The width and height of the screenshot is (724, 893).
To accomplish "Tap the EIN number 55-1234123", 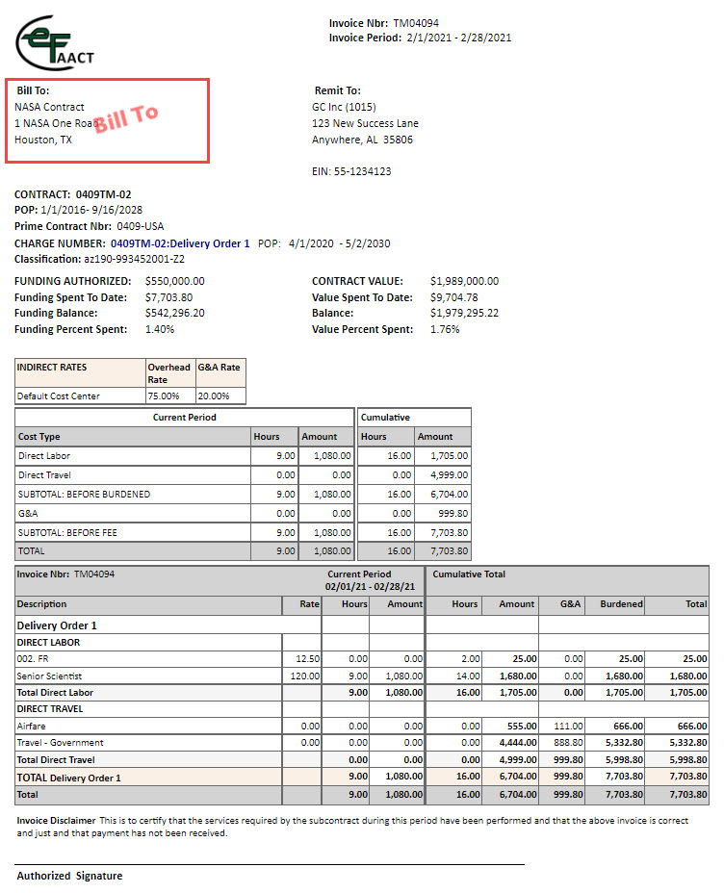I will point(364,171).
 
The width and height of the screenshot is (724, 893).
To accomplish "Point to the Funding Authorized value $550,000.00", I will point(174,281).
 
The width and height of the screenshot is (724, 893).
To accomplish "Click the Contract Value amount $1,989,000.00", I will point(464,281).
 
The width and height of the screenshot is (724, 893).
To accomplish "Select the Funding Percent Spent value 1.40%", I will point(160,329).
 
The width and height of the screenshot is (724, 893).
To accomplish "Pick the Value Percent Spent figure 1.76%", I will point(445,329).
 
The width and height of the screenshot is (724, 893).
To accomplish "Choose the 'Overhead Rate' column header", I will point(168,372).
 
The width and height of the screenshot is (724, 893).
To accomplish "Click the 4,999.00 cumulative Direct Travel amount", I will point(450,475).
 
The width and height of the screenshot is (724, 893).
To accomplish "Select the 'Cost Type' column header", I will point(39,437).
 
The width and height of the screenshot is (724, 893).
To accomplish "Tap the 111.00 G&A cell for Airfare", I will point(569,727).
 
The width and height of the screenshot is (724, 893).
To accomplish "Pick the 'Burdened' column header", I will point(621,604).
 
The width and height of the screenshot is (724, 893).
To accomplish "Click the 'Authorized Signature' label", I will point(69,876).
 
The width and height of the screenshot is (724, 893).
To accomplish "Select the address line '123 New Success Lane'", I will point(365,123).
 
